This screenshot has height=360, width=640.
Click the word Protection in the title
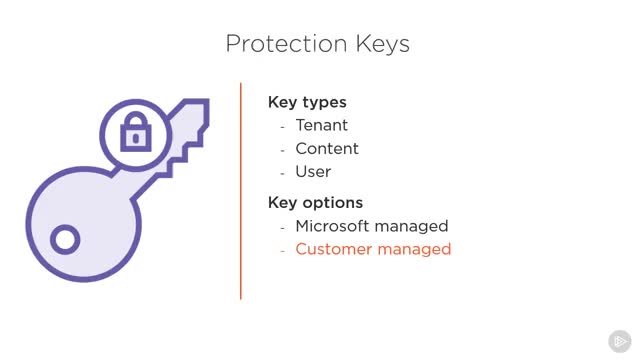pos(287,43)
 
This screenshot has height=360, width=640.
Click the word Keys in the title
pos(382,44)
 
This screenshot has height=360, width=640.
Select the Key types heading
pos(307,102)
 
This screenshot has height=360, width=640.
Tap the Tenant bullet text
pos(322,125)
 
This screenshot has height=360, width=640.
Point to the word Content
pos(327,149)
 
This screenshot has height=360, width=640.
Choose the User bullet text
pos(313,171)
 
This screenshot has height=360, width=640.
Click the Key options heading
pos(315,203)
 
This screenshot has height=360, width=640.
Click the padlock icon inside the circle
pos(136,131)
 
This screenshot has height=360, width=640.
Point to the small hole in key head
pos(65,239)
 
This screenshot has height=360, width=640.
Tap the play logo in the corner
pos(620,341)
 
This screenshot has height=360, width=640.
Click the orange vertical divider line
pos(241,191)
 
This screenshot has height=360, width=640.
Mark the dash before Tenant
pos(282,127)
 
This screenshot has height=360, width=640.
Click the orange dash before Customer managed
pos(282,251)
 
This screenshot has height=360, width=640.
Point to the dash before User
pos(282,173)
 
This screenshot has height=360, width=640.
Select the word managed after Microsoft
pos(411,227)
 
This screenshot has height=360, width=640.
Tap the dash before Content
pos(282,151)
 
